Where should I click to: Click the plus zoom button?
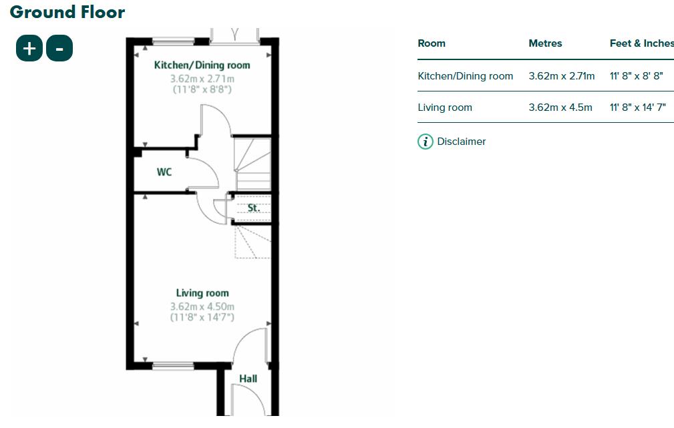coord(29,48)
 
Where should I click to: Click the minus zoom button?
coord(59,48)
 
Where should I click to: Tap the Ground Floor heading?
coord(67,11)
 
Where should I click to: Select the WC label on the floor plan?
coord(164,172)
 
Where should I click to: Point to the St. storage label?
coord(253,208)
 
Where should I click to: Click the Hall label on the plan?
coord(248,379)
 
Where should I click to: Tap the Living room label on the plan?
coord(202,292)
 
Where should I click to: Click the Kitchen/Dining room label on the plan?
coord(202,65)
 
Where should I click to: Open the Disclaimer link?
coord(461,142)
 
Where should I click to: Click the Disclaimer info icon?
coord(426,142)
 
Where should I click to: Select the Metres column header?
coord(545,43)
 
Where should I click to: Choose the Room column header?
coord(432,43)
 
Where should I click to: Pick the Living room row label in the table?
coord(445,108)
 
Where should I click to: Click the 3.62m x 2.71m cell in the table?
coord(561,76)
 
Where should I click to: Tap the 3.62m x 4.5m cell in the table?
coord(560,108)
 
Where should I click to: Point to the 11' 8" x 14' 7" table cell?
coord(637,108)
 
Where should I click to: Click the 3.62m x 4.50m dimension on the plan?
coord(202,306)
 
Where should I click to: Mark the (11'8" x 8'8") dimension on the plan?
coord(202,89)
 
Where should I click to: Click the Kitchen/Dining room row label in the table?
coord(466,76)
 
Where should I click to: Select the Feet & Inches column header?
coord(641,43)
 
